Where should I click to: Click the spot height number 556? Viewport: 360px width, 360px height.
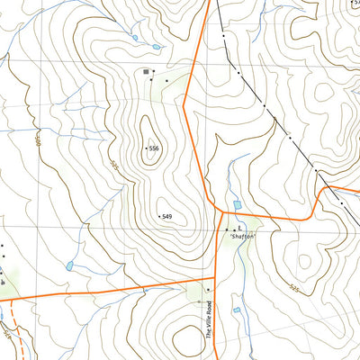154,148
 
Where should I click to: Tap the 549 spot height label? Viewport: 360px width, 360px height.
166,217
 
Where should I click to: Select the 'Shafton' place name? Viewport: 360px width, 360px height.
242,236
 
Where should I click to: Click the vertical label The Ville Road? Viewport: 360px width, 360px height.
206,319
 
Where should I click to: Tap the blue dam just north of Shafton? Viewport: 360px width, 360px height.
238,206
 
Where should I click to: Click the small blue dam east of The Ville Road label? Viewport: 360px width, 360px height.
237,310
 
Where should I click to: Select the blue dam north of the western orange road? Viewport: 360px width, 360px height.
69,266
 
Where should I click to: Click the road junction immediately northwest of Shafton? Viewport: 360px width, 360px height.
222,213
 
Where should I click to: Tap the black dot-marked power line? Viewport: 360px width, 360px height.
264,105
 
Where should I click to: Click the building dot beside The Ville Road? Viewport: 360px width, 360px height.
209,290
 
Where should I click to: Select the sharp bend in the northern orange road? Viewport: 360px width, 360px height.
184,106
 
